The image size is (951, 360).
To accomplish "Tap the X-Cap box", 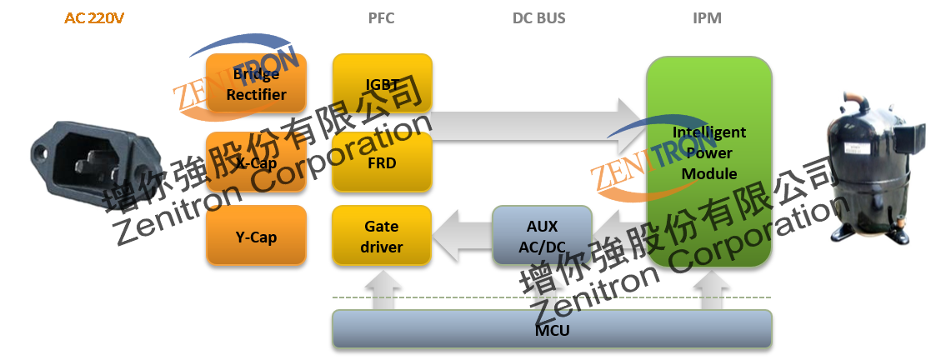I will tap(257, 163).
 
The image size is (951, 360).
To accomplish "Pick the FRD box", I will tap(382, 163).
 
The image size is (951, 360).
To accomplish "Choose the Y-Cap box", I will tap(257, 237).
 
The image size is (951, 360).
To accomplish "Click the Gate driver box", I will tap(382, 237).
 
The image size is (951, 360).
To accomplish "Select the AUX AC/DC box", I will tap(542, 237).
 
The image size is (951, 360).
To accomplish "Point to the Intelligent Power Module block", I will tap(709, 162).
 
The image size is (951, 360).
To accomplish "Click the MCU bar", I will tap(552, 330).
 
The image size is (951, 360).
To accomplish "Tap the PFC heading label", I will tap(381, 18).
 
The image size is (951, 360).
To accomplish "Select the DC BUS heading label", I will tap(538, 18).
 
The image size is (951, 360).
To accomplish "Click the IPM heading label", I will tap(707, 18).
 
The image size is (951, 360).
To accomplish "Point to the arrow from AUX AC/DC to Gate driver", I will tap(462, 237).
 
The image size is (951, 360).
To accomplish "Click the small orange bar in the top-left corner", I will tap(94, 17).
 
